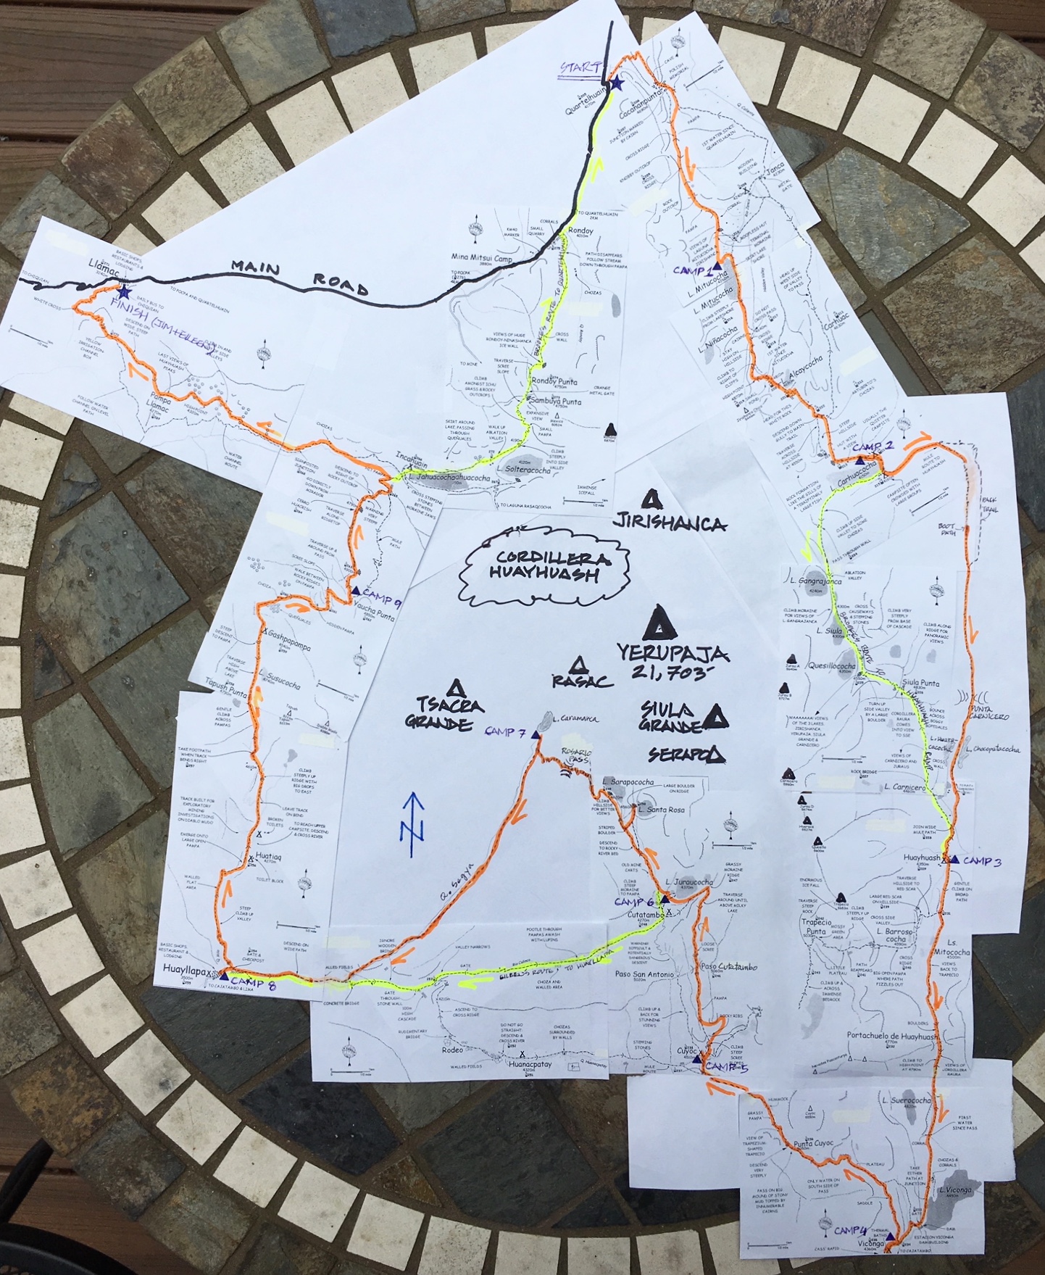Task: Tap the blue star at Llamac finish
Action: (x=125, y=292)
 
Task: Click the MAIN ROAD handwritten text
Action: (x=299, y=276)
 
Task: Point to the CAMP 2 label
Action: (x=878, y=447)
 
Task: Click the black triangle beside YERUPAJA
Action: (x=659, y=620)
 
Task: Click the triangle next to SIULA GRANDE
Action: (x=716, y=715)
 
